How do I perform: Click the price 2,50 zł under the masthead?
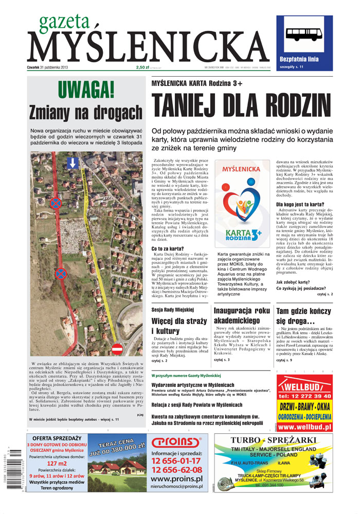pyautogui.click(x=142, y=67)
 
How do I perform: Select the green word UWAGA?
pyautogui.click(x=86, y=90)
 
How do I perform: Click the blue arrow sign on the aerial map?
pyautogui.click(x=73, y=163)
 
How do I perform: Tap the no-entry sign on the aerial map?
pyautogui.click(x=117, y=349)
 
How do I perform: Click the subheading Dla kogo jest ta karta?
pyautogui.click(x=300, y=204)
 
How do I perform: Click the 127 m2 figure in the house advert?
pyautogui.click(x=57, y=463)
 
